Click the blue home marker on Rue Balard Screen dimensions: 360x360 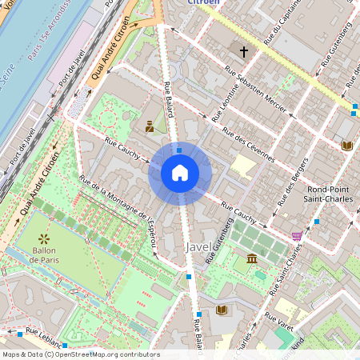[180, 173]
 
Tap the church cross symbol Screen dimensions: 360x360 [243, 51]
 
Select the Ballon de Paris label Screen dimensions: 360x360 [43, 254]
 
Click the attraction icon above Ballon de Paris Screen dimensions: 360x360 [43, 238]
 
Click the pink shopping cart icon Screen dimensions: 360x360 [298, 236]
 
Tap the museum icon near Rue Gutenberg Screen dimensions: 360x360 [252, 258]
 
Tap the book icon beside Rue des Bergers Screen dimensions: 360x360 [346, 146]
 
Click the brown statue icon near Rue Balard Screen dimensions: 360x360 [150, 125]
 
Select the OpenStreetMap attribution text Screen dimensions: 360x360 [80, 354]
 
